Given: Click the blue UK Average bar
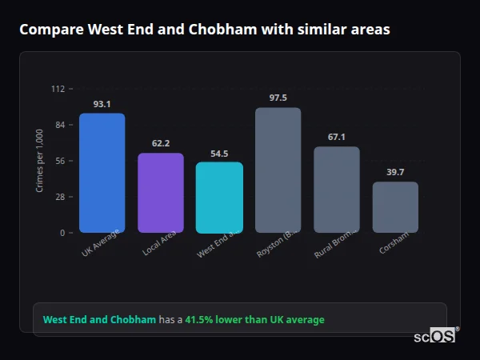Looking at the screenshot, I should [102, 173].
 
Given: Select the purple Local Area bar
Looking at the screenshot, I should [161, 193].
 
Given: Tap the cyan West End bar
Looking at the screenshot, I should [219, 198].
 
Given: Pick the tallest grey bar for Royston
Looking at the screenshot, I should [278, 170].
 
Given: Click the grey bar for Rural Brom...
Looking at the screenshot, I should [336, 190].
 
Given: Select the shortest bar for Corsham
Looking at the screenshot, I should [395, 207].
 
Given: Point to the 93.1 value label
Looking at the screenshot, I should [102, 104].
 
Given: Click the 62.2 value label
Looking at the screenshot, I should [161, 143].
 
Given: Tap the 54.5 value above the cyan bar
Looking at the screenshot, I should [219, 153].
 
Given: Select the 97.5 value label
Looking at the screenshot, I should [278, 98].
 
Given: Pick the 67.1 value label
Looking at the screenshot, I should [336, 137].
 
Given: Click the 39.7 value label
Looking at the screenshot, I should [395, 172].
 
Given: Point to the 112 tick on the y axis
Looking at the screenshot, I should [58, 89].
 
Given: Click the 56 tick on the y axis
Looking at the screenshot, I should [59, 161].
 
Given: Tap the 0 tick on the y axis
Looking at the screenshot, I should [62, 233].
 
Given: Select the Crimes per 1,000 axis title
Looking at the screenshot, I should [40, 161].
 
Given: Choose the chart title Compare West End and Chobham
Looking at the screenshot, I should [205, 30].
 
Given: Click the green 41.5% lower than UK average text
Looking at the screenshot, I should [254, 320].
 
